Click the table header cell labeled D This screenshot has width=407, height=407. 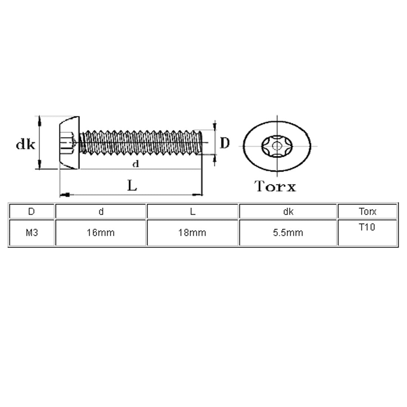coord(31,212)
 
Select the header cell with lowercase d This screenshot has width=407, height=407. coord(101,212)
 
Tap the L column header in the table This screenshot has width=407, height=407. coord(192,212)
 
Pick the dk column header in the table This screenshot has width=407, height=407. coord(288,212)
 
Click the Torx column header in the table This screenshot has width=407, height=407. coord(367,212)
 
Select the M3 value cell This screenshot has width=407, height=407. coord(31,233)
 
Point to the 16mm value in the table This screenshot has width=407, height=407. coord(101,233)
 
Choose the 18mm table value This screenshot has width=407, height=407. coord(192,233)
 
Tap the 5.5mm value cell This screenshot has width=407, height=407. coord(288,233)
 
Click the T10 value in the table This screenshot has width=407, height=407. coord(367,227)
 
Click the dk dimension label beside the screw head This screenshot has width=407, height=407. coord(25,145)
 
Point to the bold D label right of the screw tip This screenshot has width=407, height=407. coord(225,143)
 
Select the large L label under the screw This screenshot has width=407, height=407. coord(132,185)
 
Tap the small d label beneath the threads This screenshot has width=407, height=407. coord(136,164)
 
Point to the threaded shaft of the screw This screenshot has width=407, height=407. coord(141,142)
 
